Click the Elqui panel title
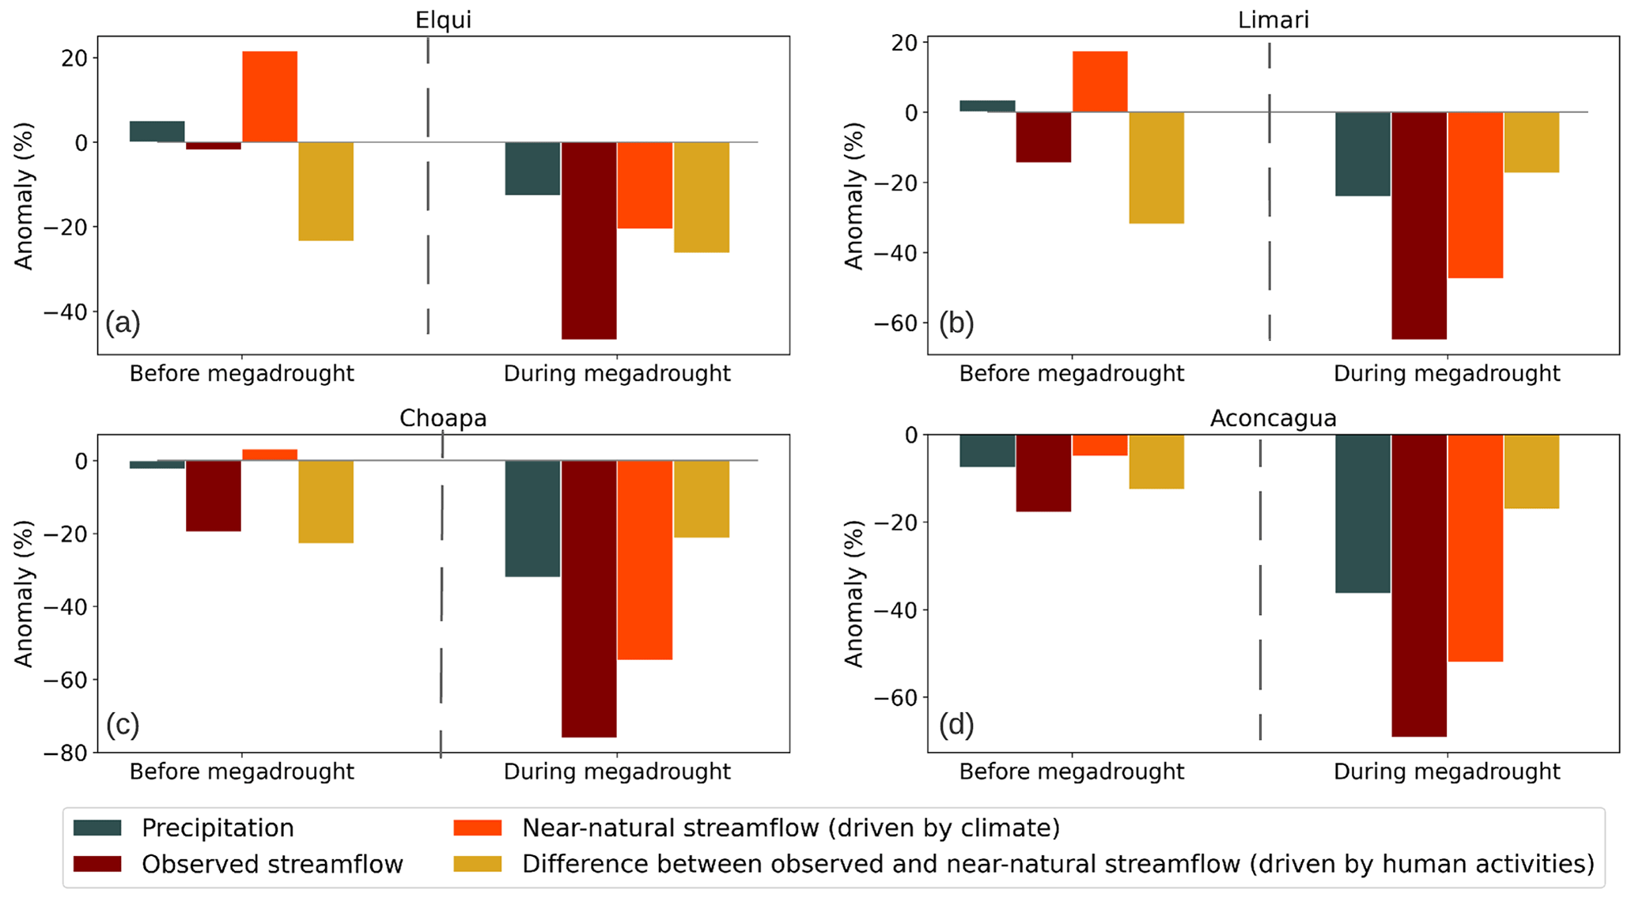443,19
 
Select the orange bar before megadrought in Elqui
270,96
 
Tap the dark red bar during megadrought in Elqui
589,240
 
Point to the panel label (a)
123,323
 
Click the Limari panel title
1273,19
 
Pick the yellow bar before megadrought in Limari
1156,168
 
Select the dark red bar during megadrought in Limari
1419,225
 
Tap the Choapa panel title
443,418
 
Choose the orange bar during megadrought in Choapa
645,560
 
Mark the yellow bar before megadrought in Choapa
326,501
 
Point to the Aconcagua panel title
1273,418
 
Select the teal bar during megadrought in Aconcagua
1363,514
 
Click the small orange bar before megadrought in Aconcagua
1099,445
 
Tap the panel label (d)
956,724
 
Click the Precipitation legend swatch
97,828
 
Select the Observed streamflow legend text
272,864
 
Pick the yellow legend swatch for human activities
477,864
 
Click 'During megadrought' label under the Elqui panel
617,373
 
